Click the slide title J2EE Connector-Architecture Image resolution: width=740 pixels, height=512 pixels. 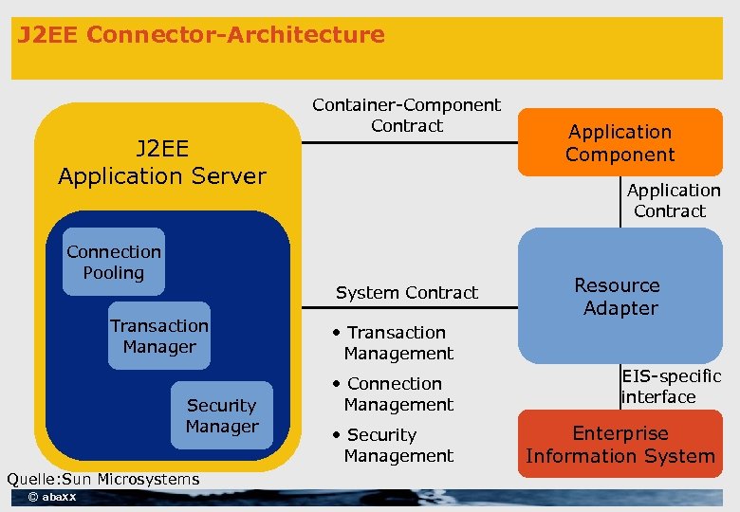(x=201, y=36)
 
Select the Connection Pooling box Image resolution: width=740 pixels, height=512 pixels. (x=114, y=262)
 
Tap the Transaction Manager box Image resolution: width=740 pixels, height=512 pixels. (x=159, y=337)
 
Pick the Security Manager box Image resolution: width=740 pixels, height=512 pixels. (x=221, y=415)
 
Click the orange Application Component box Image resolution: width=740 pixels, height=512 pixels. (x=620, y=143)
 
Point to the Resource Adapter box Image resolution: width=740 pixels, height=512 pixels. (x=620, y=296)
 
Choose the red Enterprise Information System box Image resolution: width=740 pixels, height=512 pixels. (x=620, y=445)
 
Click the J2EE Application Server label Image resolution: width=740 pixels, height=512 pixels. (x=162, y=162)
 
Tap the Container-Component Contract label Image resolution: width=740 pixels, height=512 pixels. (x=407, y=115)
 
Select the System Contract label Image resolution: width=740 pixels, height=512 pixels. (x=407, y=292)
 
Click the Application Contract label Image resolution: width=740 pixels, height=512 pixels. (x=673, y=200)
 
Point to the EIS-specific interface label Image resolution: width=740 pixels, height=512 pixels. (x=671, y=387)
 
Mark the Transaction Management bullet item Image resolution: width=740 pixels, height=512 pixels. (x=394, y=342)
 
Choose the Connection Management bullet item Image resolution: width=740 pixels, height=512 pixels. (x=394, y=393)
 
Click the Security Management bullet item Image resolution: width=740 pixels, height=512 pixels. (x=394, y=445)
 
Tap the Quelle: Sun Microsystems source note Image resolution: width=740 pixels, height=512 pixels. (x=102, y=479)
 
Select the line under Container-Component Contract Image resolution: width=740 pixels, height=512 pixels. (x=409, y=144)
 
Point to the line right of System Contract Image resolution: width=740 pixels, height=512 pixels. (x=500, y=308)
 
